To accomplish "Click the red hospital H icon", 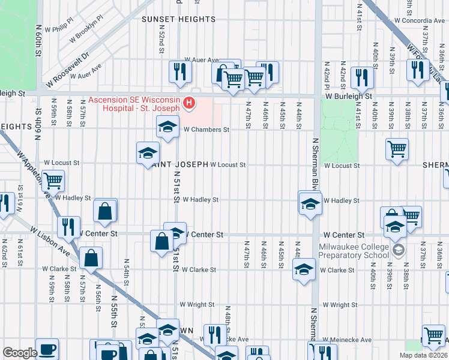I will tap(189, 104).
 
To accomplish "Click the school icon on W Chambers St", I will tap(167, 127).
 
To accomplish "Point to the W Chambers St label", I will tap(206, 129).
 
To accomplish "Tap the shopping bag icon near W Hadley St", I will tap(105, 211).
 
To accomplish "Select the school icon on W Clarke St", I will tap(304, 270).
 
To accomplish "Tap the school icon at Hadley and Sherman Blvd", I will tap(310, 203).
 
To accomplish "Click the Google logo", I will tap(20, 353).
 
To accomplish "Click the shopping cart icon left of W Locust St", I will tap(53, 179).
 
